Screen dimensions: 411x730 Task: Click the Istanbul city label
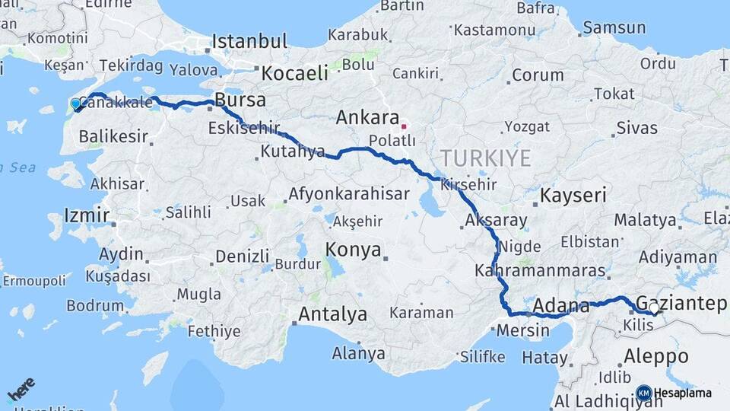click(249, 41)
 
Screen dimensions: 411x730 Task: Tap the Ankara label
click(367, 118)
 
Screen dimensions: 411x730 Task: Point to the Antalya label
click(332, 314)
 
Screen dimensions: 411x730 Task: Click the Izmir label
click(87, 215)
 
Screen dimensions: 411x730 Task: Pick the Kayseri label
click(573, 196)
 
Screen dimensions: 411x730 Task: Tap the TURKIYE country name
click(484, 158)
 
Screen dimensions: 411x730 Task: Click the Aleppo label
click(655, 355)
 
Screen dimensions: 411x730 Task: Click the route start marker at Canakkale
click(76, 104)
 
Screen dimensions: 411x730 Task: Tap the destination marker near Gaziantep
click(652, 308)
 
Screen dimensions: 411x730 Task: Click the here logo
click(21, 390)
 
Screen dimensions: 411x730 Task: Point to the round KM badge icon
click(643, 393)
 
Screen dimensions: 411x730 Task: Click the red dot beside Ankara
click(404, 126)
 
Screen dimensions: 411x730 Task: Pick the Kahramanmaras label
click(539, 270)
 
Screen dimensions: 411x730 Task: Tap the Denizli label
click(243, 256)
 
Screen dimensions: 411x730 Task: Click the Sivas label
click(636, 127)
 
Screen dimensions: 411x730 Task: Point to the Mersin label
click(522, 330)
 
